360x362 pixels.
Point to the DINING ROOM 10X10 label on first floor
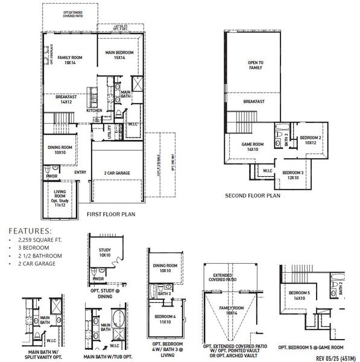click(60, 150)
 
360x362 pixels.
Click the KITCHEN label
click(95, 110)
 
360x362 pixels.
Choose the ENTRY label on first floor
click(80, 173)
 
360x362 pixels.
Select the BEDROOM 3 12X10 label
click(294, 175)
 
